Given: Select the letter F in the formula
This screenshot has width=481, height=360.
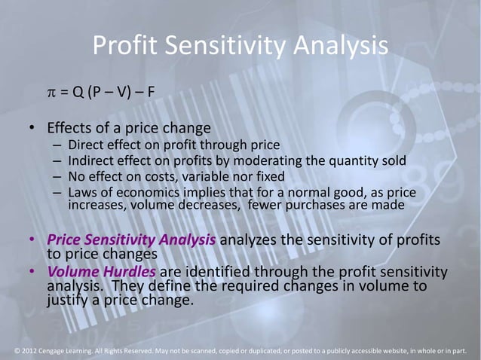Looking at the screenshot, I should coord(152,94).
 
